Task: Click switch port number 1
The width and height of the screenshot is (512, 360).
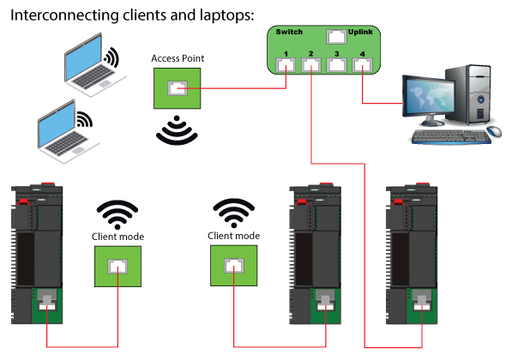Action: click(x=286, y=64)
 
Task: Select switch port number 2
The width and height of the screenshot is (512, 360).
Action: click(x=310, y=64)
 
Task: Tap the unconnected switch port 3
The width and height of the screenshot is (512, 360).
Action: click(x=337, y=64)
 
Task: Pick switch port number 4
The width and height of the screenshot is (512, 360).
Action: click(x=362, y=64)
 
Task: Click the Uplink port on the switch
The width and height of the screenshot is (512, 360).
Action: click(x=336, y=37)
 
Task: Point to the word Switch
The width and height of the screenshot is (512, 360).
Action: click(x=289, y=32)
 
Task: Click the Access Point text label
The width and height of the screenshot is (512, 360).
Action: click(x=178, y=58)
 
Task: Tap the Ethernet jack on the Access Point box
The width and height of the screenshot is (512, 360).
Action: click(x=178, y=88)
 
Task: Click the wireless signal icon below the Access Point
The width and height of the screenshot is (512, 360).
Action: click(x=177, y=130)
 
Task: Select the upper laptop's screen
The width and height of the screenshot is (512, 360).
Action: click(x=83, y=57)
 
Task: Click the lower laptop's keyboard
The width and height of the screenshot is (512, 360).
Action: click(x=67, y=143)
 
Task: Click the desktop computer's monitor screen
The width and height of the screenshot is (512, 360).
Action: click(x=429, y=97)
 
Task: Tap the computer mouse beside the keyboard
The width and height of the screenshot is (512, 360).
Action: click(x=494, y=131)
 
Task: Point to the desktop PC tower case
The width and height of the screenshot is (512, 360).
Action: click(x=469, y=94)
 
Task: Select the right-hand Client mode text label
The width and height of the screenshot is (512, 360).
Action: click(x=234, y=236)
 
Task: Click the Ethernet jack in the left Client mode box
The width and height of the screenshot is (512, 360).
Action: click(x=117, y=267)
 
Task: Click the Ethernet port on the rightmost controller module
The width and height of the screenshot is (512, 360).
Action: click(x=422, y=302)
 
